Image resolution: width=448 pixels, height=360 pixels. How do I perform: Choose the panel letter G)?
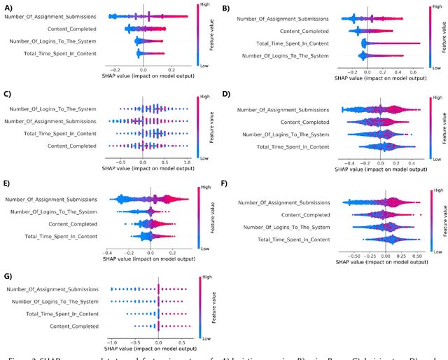coord(9,276)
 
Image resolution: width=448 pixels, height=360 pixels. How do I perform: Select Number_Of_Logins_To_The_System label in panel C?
coord(56,109)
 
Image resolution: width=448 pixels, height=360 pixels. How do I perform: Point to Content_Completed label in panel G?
coord(73,326)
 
